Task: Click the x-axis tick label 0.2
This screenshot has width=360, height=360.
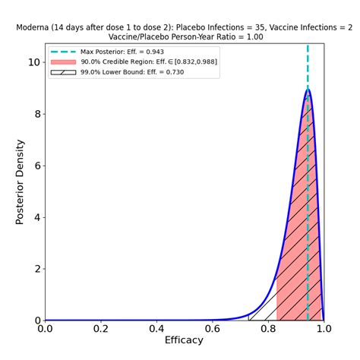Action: (101, 329)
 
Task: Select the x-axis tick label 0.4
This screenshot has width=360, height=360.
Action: (156, 329)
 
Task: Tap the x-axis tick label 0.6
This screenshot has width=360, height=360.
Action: (212, 329)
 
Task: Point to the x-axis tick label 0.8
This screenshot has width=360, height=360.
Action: (268, 329)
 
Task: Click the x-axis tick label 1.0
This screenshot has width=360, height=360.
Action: (324, 329)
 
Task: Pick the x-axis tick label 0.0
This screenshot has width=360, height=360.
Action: (46, 329)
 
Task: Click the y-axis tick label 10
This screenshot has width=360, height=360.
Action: (33, 62)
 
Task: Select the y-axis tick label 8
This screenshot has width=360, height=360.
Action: (36, 114)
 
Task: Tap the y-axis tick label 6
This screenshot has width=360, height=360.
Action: (36, 166)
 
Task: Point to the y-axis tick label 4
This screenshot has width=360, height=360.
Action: (36, 217)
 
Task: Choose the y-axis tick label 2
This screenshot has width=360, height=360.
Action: (36, 269)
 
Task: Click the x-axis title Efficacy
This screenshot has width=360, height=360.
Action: (185, 340)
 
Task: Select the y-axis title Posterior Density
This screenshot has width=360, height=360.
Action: (21, 182)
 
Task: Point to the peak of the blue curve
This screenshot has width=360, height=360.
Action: (308, 90)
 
